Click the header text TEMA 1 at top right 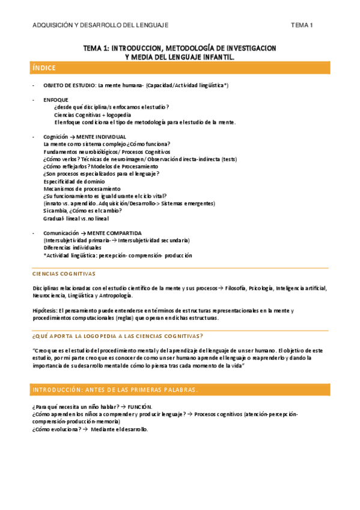tap(302, 25)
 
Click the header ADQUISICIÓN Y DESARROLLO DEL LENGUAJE tap(100, 25)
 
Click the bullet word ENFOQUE tap(56, 100)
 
